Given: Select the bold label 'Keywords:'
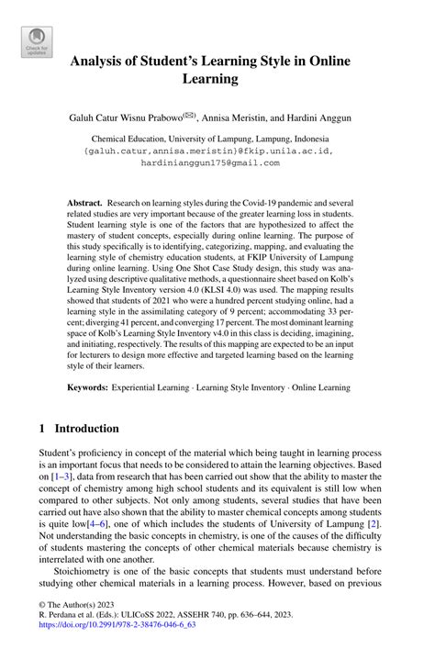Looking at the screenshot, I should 88,388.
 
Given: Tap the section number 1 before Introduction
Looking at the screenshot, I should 42,428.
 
